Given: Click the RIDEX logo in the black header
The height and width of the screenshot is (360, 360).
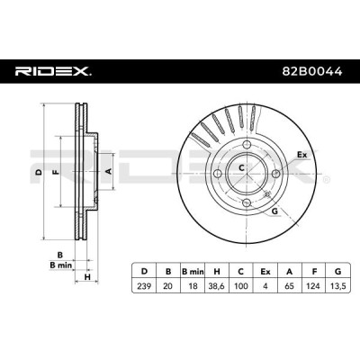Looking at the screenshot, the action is pos(53,71).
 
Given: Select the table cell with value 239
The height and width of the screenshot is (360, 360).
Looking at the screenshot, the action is pos(144,286).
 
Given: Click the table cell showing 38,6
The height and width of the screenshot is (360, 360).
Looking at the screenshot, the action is pos(216,286).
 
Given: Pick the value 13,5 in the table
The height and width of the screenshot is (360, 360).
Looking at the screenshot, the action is pos(337,286).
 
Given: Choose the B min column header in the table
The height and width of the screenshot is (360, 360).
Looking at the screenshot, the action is pos(193,272).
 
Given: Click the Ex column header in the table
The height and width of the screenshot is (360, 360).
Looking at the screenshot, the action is pos(265,272).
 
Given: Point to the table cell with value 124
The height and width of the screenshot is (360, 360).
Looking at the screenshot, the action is pos(314,286).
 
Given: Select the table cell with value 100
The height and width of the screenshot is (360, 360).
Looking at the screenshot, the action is pos(241,286).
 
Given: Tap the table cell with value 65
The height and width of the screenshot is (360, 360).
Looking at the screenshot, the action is pos(290,286).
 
